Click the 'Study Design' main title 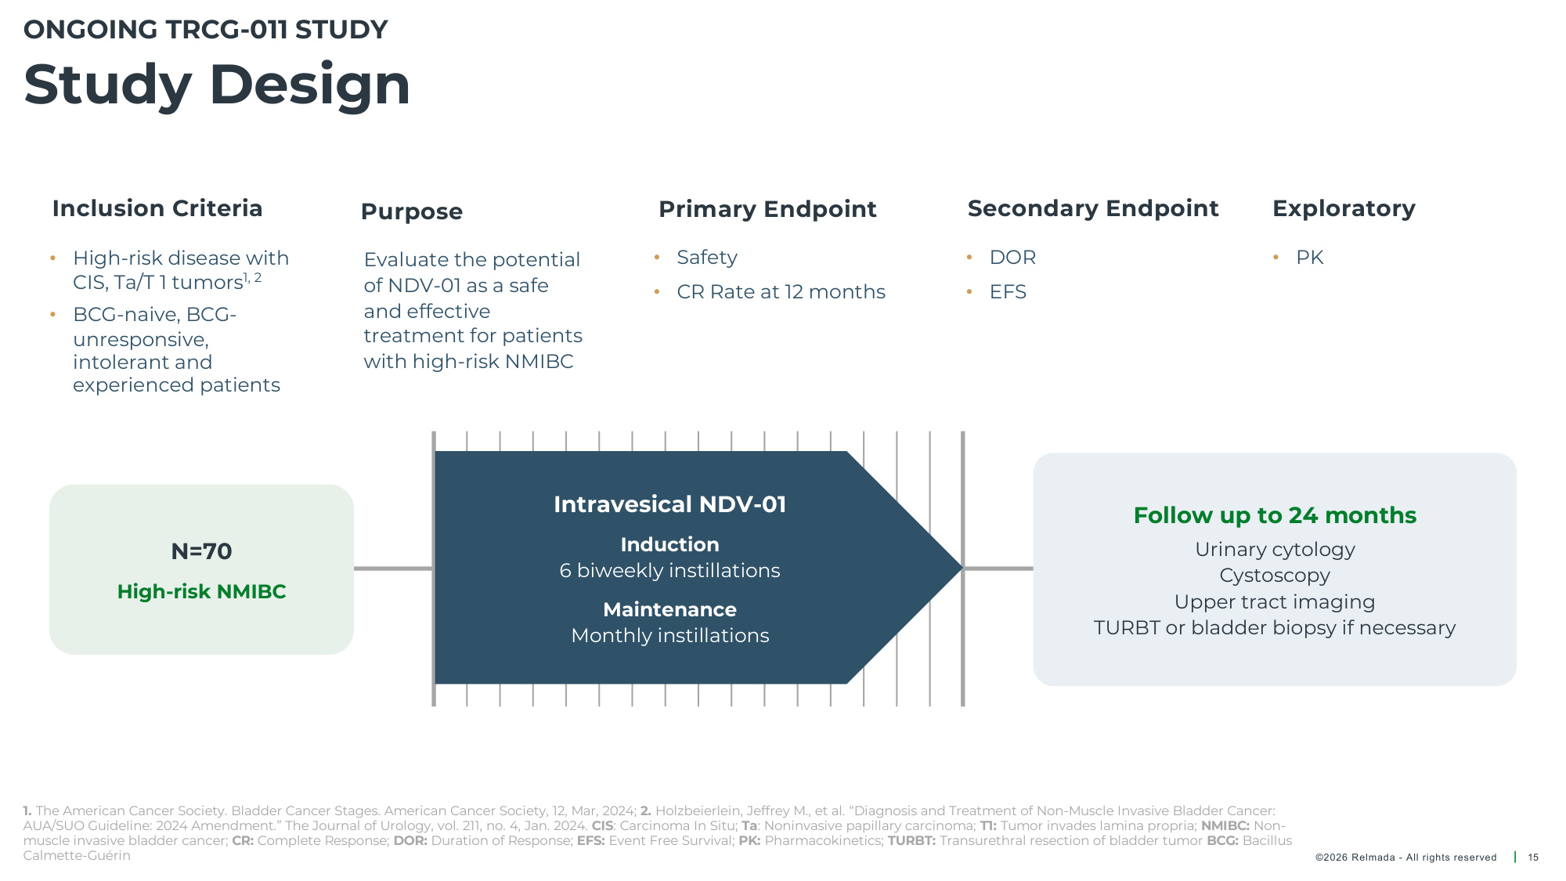(x=217, y=85)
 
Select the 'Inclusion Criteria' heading (x=157, y=208)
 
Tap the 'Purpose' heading (x=412, y=212)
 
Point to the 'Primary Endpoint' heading (x=767, y=210)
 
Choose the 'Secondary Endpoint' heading (x=1093, y=209)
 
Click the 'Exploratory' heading (x=1344, y=209)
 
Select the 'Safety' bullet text (x=707, y=258)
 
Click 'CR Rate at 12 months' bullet (x=781, y=292)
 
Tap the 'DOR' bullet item (x=1012, y=258)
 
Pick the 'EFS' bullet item (x=1008, y=292)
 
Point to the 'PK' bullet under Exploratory (x=1309, y=258)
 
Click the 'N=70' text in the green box (x=201, y=551)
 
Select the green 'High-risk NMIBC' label (x=201, y=592)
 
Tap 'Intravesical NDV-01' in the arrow (x=669, y=504)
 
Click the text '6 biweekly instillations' (x=669, y=571)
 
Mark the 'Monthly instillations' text (x=670, y=636)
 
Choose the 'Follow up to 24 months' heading (x=1275, y=516)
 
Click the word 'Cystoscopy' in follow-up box (x=1275, y=576)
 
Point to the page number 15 (x=1533, y=858)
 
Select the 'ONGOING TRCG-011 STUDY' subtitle (x=206, y=30)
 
